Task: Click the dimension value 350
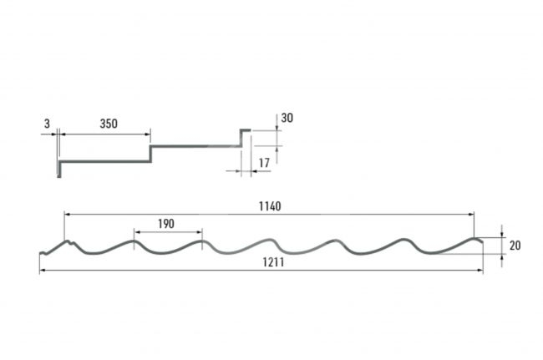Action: click(109, 124)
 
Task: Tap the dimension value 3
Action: click(47, 124)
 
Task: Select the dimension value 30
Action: click(287, 118)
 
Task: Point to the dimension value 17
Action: click(264, 163)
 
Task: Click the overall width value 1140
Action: click(270, 206)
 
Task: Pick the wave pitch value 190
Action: click(166, 224)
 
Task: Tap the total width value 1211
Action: click(273, 262)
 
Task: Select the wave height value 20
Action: click(515, 246)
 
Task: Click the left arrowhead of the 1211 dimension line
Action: click(43, 270)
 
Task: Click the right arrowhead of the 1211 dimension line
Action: click(480, 270)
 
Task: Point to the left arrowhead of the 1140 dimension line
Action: click(68, 215)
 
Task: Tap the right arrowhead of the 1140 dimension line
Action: click(471, 215)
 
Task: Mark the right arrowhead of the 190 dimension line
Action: click(199, 232)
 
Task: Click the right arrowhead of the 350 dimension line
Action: click(147, 134)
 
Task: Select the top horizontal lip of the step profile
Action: click(245, 130)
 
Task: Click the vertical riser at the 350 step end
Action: click(150, 154)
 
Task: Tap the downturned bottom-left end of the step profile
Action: click(59, 170)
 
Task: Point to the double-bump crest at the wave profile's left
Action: click(69, 242)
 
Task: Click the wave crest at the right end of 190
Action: click(202, 241)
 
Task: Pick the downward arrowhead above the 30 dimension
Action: click(277, 128)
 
